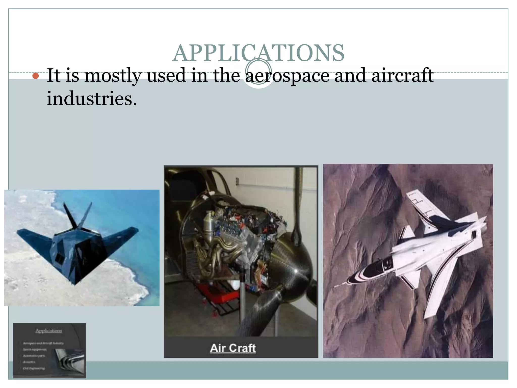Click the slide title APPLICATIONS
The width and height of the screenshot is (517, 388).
(258, 53)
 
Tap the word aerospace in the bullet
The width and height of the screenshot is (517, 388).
(287, 76)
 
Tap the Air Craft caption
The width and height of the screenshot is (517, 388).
(233, 348)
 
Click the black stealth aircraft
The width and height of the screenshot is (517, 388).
(76, 248)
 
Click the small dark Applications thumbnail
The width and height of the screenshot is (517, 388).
(49, 351)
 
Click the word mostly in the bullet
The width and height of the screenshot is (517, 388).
(112, 76)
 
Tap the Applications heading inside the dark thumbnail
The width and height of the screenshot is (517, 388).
(49, 331)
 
